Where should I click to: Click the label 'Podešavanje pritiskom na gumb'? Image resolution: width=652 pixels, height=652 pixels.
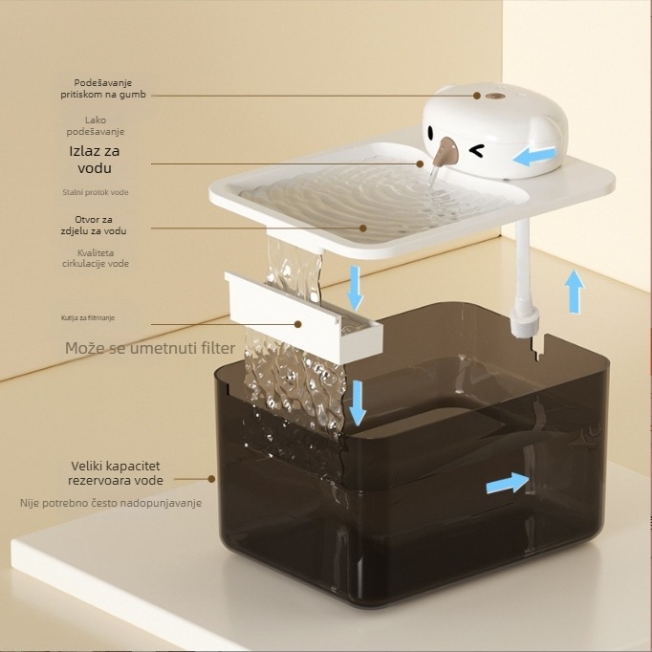pos(103,89)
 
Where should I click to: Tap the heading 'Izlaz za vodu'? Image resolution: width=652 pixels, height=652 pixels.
pos(95,160)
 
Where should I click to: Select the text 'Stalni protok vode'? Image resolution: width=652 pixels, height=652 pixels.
pos(96,192)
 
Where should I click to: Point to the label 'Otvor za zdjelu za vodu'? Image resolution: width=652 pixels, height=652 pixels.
pos(94,225)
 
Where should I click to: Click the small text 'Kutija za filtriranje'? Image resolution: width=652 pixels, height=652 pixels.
pos(88,317)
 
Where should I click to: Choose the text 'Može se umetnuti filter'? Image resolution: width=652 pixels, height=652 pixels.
pos(150,348)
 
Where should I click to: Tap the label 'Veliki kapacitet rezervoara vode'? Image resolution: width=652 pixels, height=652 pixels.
pos(116,473)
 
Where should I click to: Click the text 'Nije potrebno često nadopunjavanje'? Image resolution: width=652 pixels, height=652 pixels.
pos(111,503)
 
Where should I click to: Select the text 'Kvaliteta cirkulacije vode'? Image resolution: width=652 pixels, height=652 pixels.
pos(96,258)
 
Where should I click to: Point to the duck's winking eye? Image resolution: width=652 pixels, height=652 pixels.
pos(476,150)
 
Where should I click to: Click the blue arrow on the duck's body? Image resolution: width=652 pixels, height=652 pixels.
pos(533,157)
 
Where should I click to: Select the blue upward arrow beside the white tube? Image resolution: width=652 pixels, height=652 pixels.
pos(575,292)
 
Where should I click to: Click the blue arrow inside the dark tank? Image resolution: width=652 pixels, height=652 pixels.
pos(508,483)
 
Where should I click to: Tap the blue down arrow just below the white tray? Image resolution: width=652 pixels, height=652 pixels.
pos(355,288)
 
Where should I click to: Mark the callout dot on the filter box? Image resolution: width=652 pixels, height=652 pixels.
pos(297,324)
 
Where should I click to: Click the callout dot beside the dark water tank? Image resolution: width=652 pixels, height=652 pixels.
pos(211,479)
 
